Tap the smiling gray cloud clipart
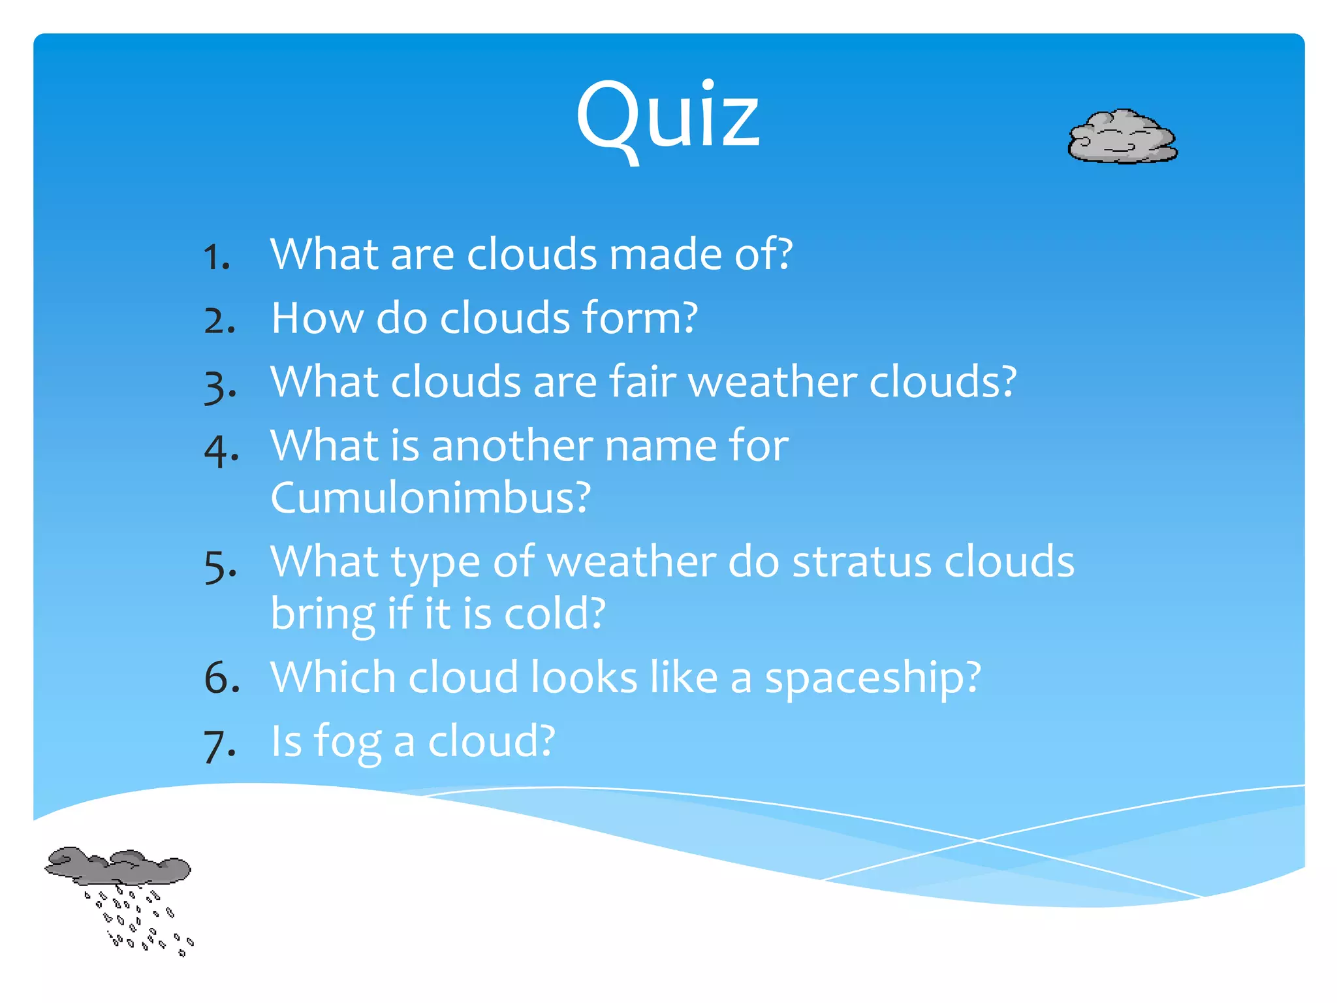pyautogui.click(x=1122, y=137)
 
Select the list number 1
pyautogui.click(x=216, y=256)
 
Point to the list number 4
pyautogui.click(x=221, y=450)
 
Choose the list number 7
pyautogui.click(x=219, y=745)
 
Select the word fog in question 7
pyautogui.click(x=347, y=742)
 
